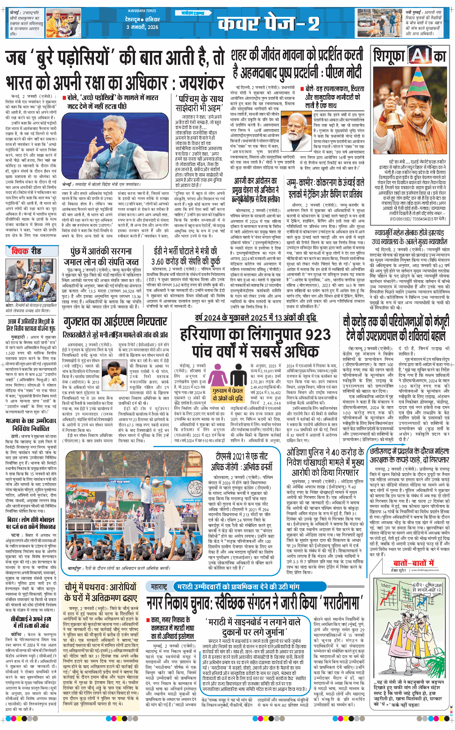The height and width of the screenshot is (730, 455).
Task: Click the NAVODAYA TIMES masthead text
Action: coord(142,11)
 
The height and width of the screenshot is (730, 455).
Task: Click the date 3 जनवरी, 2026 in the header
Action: coord(142,27)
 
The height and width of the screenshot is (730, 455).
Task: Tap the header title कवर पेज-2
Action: coord(268,23)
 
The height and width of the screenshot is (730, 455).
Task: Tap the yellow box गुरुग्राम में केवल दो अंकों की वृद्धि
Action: coord(227,394)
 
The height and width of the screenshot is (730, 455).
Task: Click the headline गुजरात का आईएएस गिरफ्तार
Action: coord(115,322)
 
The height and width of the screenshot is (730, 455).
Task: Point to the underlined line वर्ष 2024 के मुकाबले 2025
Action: coord(255,317)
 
